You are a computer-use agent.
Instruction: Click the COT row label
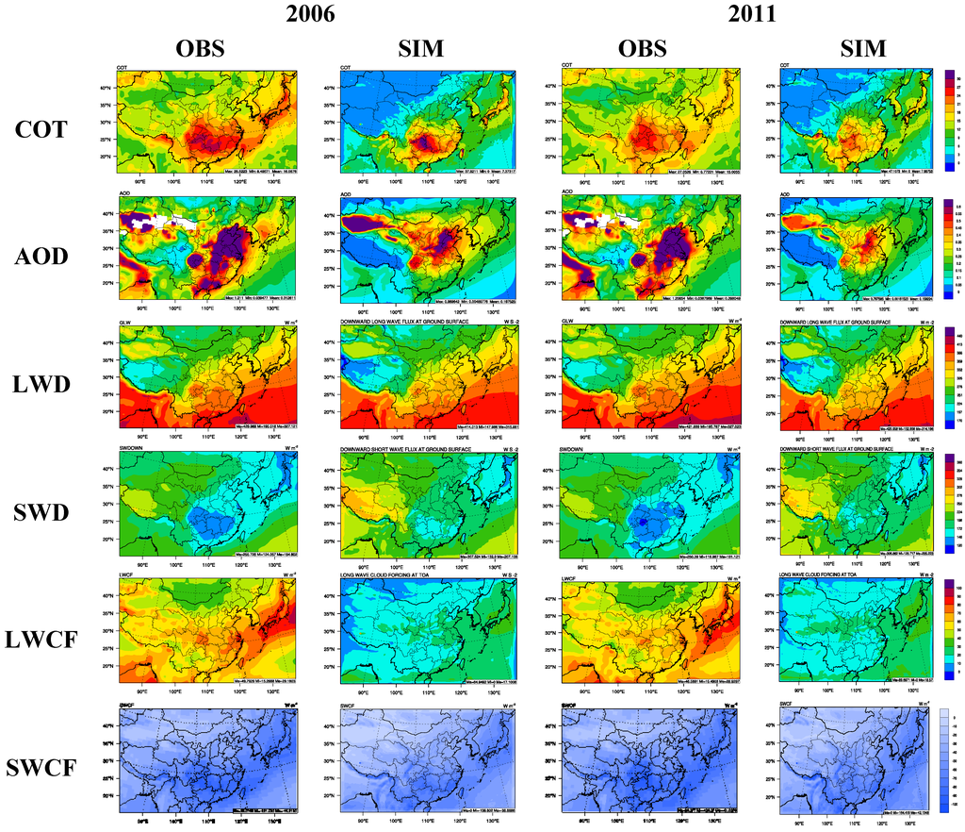41,129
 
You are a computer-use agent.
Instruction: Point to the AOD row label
41,258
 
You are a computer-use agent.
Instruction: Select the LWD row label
41,385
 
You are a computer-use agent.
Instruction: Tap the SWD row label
41,512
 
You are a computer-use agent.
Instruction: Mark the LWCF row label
41,641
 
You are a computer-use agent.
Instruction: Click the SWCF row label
41,769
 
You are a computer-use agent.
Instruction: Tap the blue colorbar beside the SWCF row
950,758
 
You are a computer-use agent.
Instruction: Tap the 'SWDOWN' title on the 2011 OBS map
573,449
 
